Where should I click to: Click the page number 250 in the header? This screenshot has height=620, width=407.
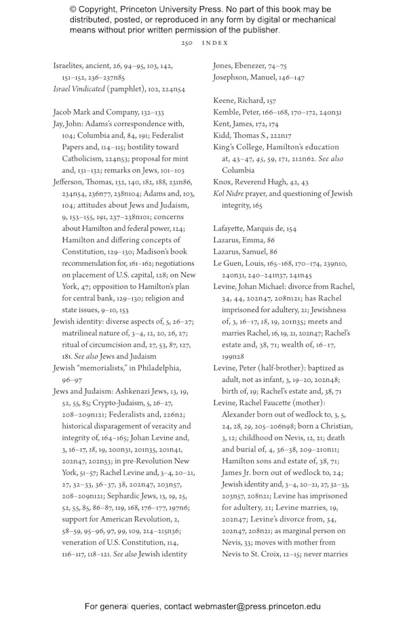(187, 43)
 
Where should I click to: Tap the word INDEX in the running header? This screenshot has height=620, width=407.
(216, 43)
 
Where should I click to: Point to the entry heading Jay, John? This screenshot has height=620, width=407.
(68, 124)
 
